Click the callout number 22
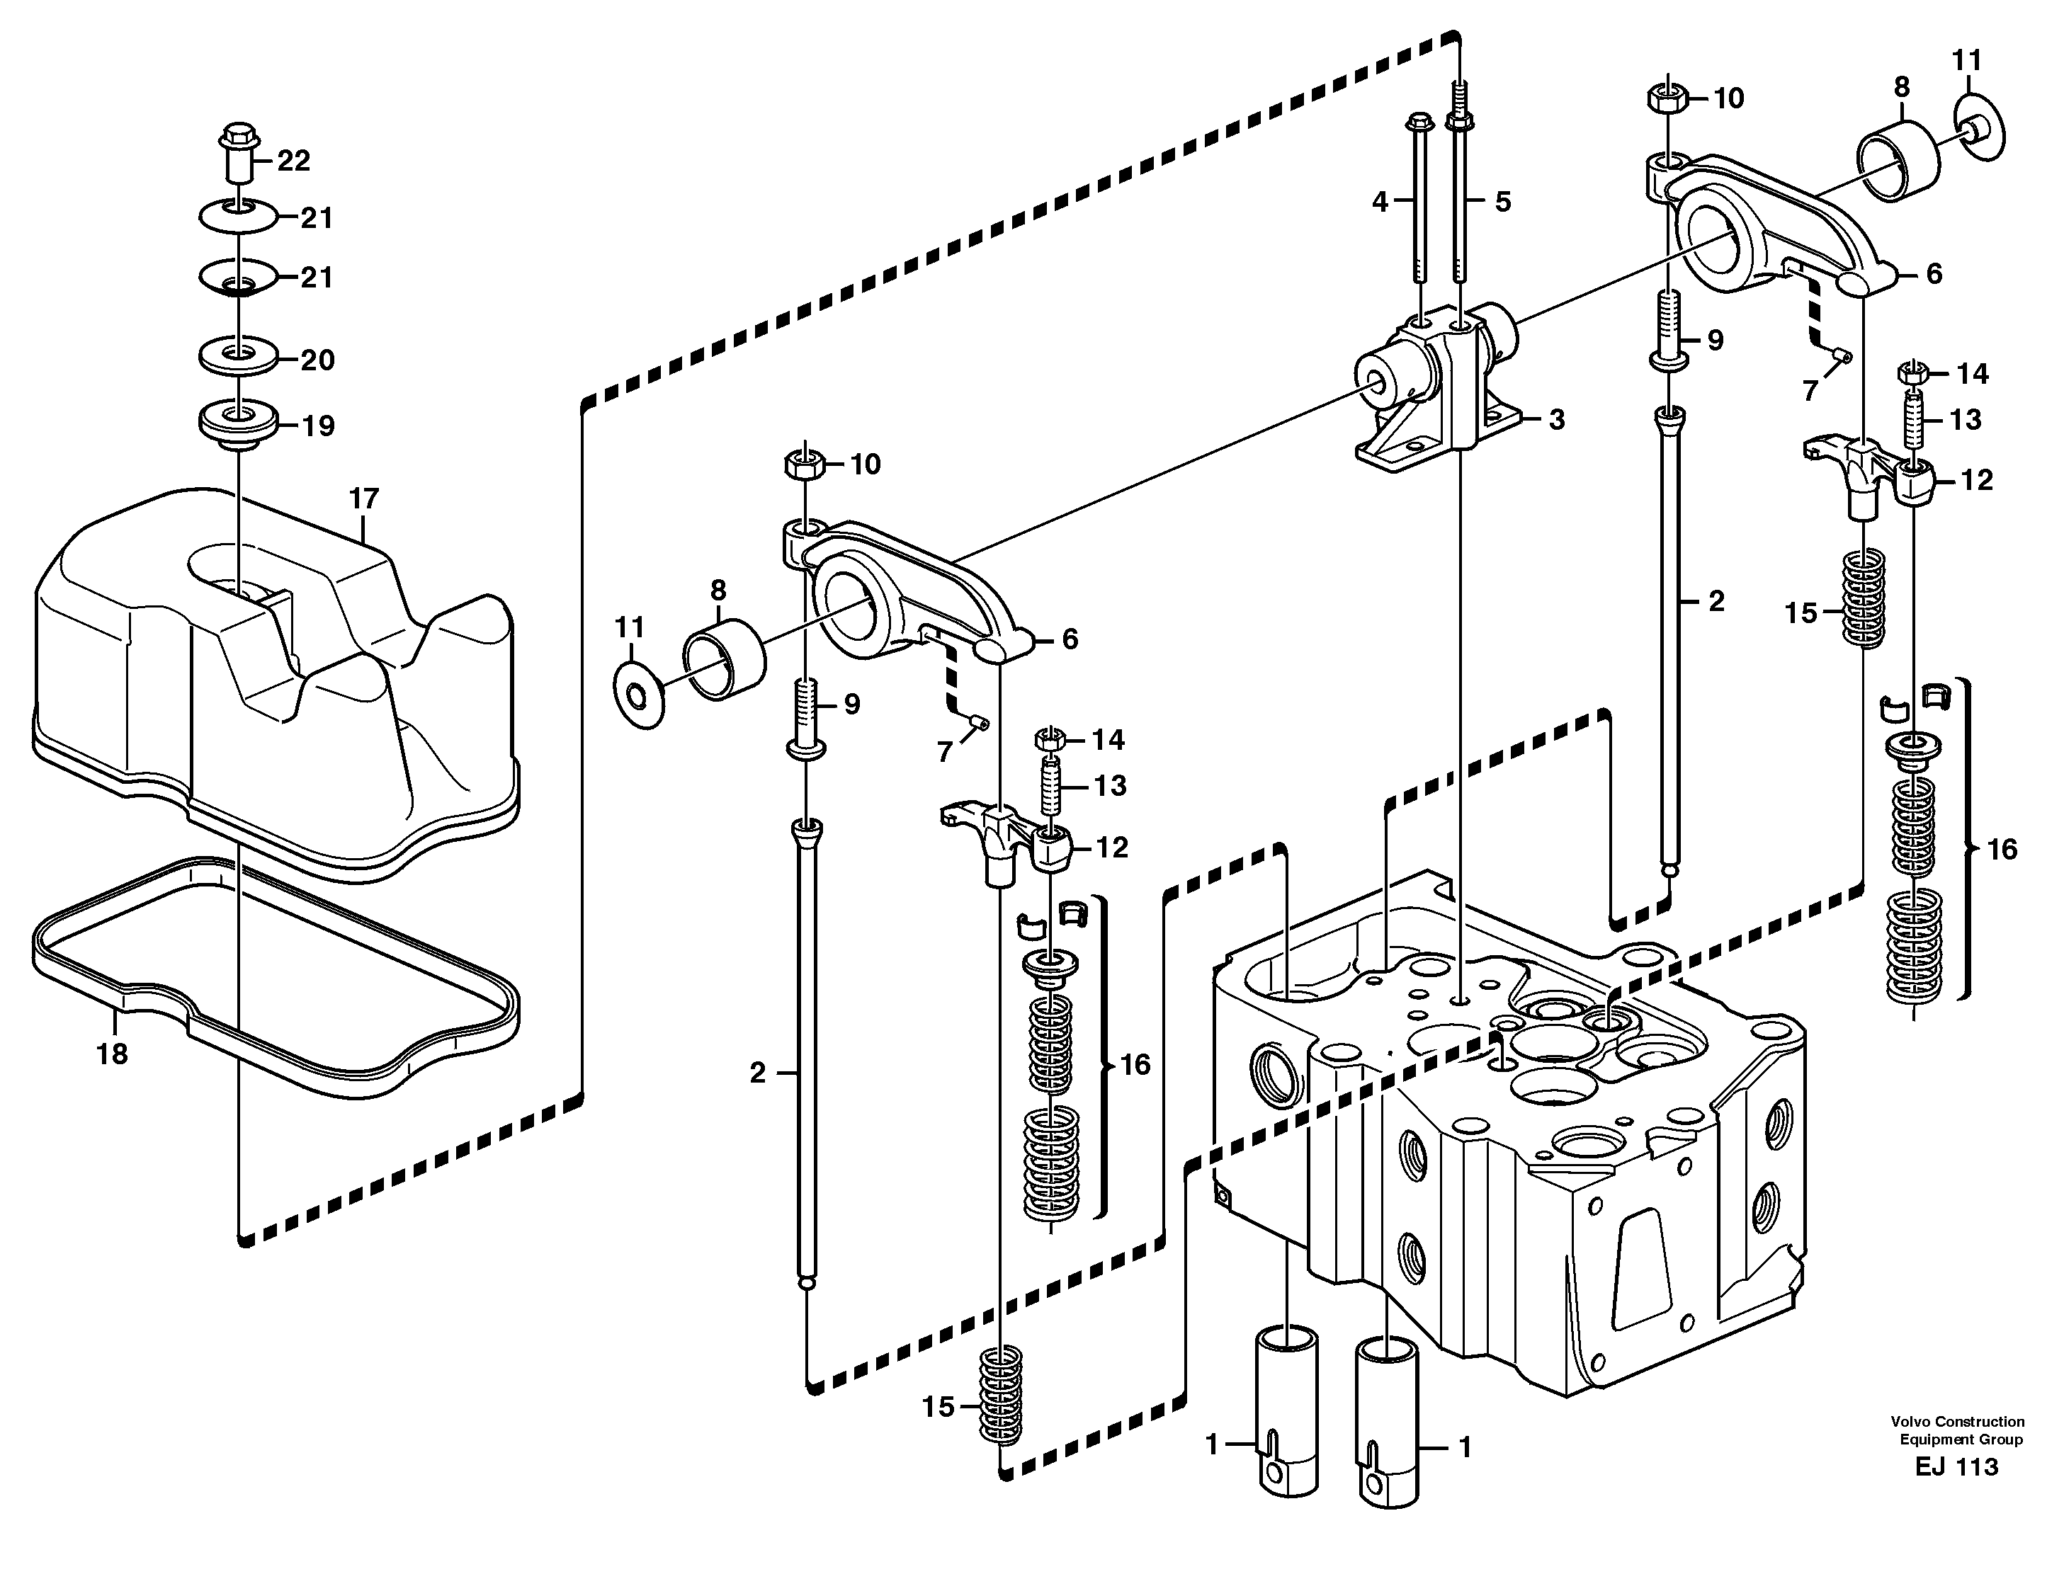(x=293, y=161)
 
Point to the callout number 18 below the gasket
(x=111, y=1055)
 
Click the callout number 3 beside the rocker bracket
(x=1556, y=420)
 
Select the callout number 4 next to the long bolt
(x=1380, y=200)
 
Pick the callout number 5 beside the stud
(x=1502, y=201)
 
